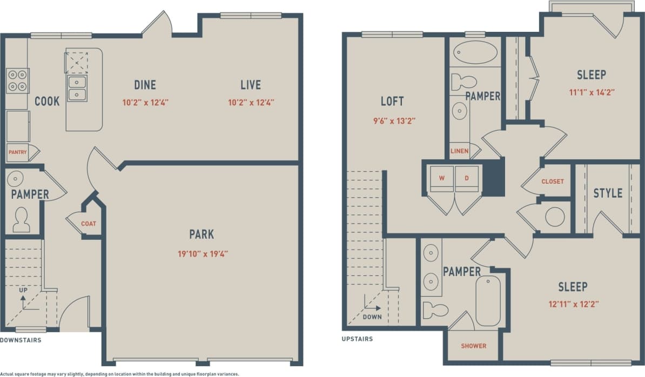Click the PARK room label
[201, 234]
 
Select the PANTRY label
[17, 152]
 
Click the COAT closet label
[89, 223]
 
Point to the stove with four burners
[17, 80]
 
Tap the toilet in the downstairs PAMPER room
[22, 220]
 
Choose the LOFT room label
[392, 101]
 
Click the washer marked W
[441, 178]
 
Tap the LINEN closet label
[459, 151]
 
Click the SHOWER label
[473, 346]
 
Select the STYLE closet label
[608, 193]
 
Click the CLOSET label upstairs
[553, 181]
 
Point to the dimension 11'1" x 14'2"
[591, 92]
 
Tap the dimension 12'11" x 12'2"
[573, 304]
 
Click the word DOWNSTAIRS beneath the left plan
[21, 340]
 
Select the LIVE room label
[251, 85]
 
